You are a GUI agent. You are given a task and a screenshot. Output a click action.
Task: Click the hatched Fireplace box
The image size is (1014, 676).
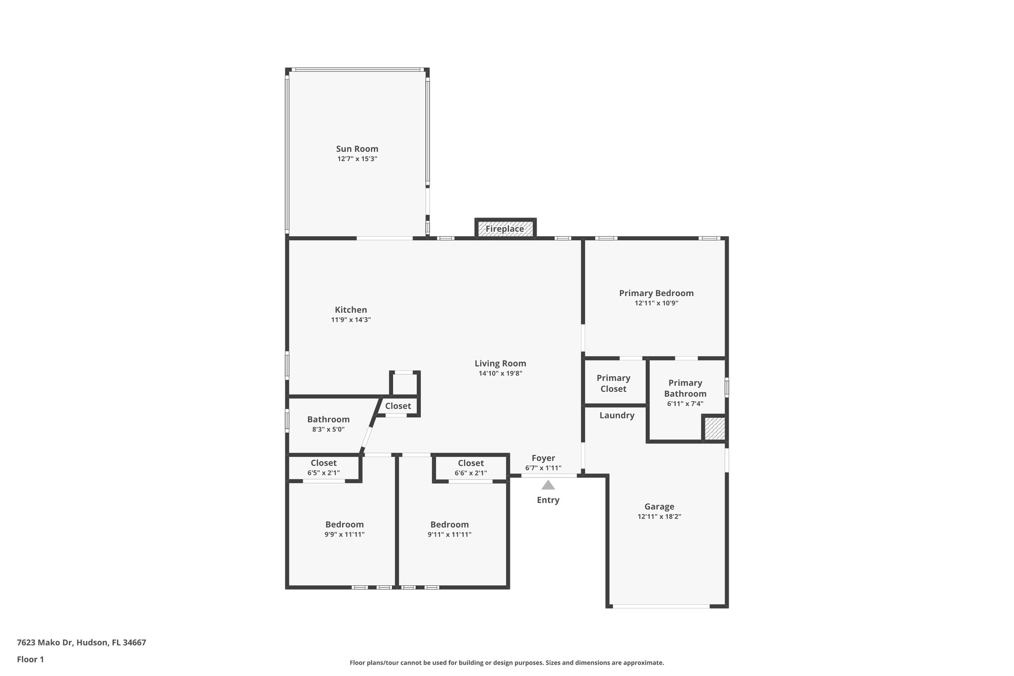click(505, 229)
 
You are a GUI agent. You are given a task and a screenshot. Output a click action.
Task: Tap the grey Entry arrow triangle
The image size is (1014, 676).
click(548, 485)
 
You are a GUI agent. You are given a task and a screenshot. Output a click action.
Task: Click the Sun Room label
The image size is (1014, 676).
click(357, 149)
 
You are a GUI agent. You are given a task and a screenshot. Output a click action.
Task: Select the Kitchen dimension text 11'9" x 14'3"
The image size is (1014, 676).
click(351, 320)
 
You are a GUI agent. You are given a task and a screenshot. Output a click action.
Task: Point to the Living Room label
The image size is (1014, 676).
click(500, 364)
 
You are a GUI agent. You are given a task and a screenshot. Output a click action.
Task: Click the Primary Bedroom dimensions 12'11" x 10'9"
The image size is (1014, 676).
click(656, 303)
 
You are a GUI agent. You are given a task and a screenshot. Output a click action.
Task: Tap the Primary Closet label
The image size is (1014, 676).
click(613, 383)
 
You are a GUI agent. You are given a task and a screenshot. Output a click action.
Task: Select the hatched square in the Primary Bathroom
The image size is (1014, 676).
click(714, 428)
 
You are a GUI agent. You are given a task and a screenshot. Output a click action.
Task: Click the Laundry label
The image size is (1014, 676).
click(616, 416)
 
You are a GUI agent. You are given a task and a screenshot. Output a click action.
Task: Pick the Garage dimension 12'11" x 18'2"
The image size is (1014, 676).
click(659, 517)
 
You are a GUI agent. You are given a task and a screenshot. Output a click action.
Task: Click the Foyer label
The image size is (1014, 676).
click(543, 458)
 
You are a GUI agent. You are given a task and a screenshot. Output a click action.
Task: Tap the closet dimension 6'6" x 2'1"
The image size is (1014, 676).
click(470, 473)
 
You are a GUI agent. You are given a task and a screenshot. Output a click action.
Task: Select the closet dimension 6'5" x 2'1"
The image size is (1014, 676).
click(323, 473)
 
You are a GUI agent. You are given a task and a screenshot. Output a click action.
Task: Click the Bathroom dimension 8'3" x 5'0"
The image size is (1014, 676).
click(328, 429)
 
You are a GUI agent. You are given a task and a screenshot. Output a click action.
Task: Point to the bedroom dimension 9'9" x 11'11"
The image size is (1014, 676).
click(344, 534)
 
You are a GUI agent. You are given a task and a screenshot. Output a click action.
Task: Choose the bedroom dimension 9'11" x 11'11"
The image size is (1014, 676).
click(449, 534)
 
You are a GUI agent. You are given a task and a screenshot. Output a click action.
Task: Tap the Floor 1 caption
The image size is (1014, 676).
click(30, 659)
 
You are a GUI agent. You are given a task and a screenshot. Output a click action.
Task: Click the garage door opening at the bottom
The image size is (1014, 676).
click(661, 606)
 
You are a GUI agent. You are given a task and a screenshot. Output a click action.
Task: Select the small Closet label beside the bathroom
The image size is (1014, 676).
click(398, 406)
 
